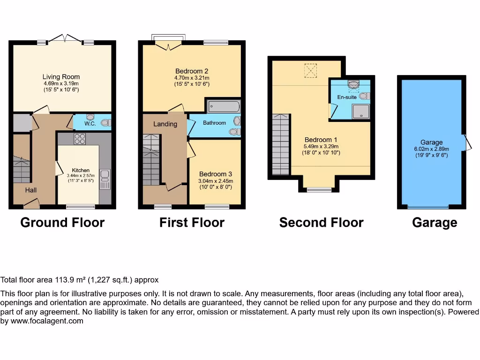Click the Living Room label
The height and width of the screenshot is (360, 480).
pyautogui.click(x=61, y=77)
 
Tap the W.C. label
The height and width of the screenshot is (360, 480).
pyautogui.click(x=90, y=124)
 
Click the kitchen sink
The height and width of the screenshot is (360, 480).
pyautogui.click(x=105, y=175)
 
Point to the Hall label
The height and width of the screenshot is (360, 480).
pyautogui.click(x=31, y=190)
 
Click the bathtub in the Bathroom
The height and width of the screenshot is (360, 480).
pyautogui.click(x=224, y=106)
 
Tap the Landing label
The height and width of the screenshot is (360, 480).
pyautogui.click(x=165, y=124)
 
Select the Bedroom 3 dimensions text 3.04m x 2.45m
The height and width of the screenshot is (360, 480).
pyautogui.click(x=216, y=181)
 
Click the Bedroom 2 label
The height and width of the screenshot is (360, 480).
pyautogui.click(x=192, y=72)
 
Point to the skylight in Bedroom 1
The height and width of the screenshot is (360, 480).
pyautogui.click(x=310, y=71)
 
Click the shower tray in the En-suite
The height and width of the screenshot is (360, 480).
pyautogui.click(x=360, y=111)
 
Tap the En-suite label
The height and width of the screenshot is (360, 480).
pyautogui.click(x=347, y=97)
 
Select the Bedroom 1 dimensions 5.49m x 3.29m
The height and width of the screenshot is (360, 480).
pyautogui.click(x=321, y=146)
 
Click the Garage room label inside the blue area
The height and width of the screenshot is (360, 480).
pyautogui.click(x=431, y=142)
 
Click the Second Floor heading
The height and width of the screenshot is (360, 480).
pyautogui.click(x=321, y=222)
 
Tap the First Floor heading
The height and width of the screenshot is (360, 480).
pyautogui.click(x=192, y=222)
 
